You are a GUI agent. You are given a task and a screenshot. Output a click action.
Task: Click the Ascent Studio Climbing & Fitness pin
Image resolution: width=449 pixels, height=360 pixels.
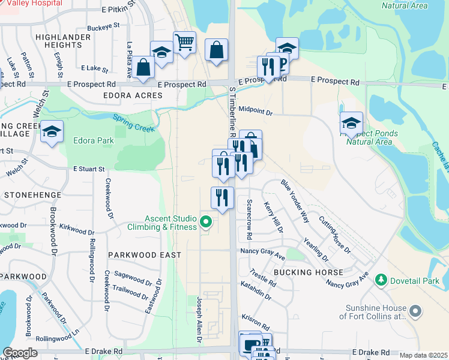206,222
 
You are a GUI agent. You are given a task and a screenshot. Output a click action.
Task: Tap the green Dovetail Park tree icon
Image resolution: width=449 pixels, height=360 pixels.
380,280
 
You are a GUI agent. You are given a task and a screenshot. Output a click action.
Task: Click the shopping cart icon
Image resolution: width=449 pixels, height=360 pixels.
184,43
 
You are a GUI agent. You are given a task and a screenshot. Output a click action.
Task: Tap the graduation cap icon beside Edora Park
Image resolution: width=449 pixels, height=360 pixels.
52,132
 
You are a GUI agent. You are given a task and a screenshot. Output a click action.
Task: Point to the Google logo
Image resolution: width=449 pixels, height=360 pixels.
20,353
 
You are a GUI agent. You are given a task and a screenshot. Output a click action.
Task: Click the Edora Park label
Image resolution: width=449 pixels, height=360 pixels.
94,141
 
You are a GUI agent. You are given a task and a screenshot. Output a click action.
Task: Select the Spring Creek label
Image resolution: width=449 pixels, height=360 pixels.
133,123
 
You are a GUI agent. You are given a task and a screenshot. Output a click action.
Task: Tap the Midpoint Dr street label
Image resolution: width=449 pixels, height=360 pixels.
255,112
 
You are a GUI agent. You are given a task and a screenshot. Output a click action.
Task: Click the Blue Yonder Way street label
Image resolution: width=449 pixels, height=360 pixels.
294,200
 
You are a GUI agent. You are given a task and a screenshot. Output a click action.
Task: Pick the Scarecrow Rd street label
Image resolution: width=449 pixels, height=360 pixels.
248,217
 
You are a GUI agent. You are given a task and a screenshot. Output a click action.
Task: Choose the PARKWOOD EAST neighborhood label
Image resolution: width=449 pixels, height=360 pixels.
136,255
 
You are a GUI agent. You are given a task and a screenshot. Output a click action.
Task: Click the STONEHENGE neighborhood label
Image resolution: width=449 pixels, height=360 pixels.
32,195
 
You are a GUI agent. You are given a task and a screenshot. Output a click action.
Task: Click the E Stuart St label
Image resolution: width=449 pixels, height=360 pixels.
89,170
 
